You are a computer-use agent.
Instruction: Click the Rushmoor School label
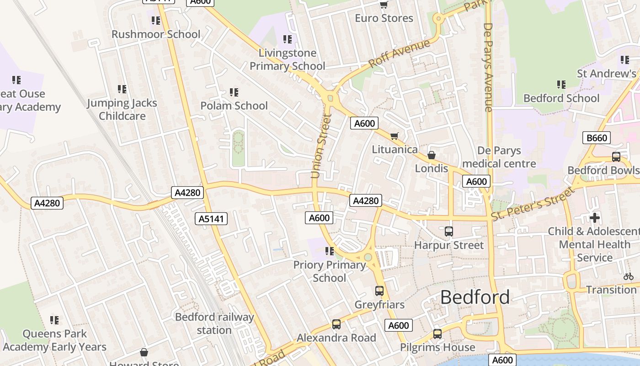click(x=156, y=34)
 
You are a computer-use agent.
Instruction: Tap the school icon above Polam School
click(x=234, y=92)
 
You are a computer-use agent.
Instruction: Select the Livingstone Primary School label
click(x=287, y=60)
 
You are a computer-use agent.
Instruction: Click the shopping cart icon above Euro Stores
click(x=384, y=5)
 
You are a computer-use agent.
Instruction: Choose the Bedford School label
click(x=561, y=98)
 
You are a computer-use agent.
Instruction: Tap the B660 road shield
click(x=597, y=138)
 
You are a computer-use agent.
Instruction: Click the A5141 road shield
click(x=211, y=219)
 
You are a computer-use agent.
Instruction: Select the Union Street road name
click(x=321, y=146)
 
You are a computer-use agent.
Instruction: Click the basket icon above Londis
click(x=431, y=155)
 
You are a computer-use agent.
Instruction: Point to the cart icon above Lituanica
click(x=395, y=136)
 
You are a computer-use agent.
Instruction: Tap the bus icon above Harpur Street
click(x=449, y=231)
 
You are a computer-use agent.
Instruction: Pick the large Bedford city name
click(x=475, y=297)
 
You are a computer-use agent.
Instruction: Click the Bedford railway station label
click(x=214, y=323)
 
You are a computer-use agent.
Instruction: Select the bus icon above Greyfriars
click(x=379, y=291)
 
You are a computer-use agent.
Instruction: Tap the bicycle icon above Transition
click(x=629, y=276)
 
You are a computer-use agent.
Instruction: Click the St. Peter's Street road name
click(x=532, y=204)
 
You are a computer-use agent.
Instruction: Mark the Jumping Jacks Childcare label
click(x=122, y=110)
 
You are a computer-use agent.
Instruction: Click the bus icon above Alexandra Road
click(x=336, y=324)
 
